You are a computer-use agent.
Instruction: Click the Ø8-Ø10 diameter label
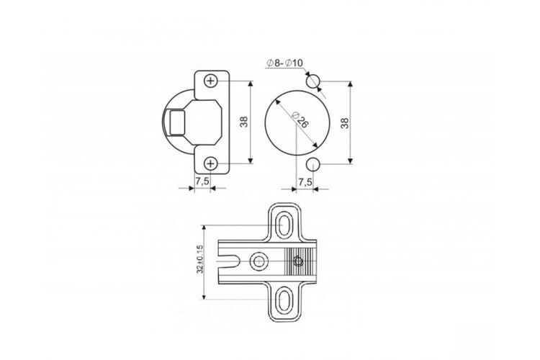[x=284, y=63]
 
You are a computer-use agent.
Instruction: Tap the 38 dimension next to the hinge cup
[x=244, y=122]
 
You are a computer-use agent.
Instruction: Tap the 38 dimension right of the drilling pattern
[x=345, y=123]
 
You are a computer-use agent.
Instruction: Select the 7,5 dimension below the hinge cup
[x=202, y=181]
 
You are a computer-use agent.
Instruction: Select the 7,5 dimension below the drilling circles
[x=305, y=182]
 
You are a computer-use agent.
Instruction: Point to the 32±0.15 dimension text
[x=199, y=259]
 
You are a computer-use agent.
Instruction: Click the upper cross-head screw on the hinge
[x=211, y=81]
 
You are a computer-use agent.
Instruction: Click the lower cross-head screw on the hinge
[x=210, y=163]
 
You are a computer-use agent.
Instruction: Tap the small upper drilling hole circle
[x=313, y=81]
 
